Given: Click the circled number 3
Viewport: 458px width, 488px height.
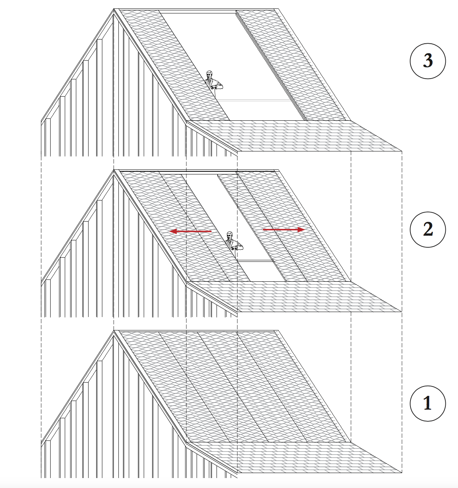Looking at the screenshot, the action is tap(428, 61).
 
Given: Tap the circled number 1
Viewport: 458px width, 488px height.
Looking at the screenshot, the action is tap(428, 403).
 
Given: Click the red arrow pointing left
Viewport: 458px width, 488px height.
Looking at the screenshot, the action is tap(190, 231).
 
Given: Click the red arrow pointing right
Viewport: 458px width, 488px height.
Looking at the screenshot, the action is tap(284, 230).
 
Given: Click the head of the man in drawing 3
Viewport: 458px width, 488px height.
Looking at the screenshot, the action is tap(209, 74).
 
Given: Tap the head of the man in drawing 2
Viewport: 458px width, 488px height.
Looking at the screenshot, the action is tap(230, 235).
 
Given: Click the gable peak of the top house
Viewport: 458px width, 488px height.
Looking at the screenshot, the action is tap(114, 10).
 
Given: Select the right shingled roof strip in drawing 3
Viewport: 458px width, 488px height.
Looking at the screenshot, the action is tap(291, 65).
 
